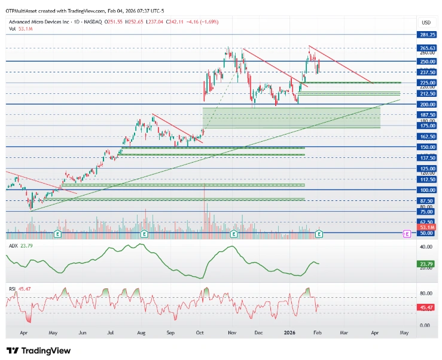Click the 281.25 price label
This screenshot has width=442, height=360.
[x=427, y=35]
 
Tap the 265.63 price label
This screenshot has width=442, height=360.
[x=427, y=48]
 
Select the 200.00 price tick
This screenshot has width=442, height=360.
[x=427, y=104]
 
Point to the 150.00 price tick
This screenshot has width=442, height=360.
[x=427, y=147]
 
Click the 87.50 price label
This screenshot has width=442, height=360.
[x=427, y=201]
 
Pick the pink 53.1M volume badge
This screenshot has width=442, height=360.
[x=427, y=227]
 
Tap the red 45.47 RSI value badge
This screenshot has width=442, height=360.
[x=427, y=307]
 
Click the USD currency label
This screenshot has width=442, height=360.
[x=426, y=22]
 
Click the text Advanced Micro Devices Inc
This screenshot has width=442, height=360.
[x=41, y=22]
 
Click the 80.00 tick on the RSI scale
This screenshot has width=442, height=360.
[x=426, y=293]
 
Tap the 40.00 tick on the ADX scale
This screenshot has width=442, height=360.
[x=426, y=246]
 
